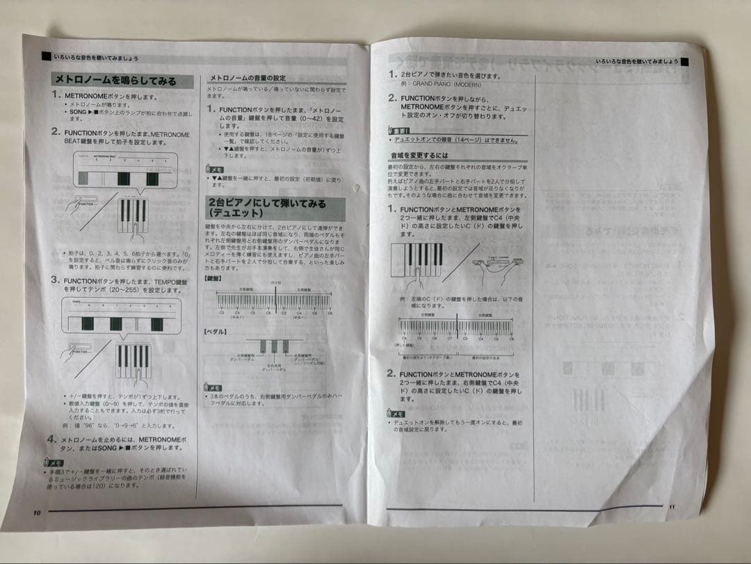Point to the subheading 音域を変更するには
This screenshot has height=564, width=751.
pyautogui.click(x=419, y=156)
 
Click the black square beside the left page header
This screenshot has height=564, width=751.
pyautogui.click(x=46, y=54)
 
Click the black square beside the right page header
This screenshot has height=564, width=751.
pyautogui.click(x=683, y=63)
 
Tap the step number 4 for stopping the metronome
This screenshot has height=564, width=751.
pyautogui.click(x=51, y=440)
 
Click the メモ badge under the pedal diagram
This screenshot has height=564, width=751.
pyautogui.click(x=213, y=387)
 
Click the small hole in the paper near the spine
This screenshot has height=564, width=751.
pyautogui.click(x=357, y=186)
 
